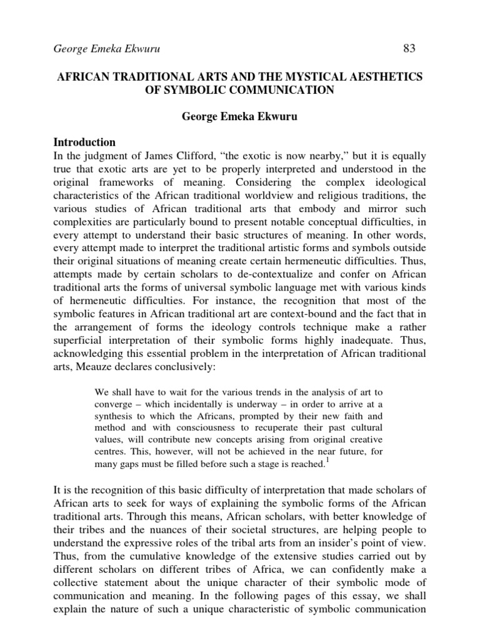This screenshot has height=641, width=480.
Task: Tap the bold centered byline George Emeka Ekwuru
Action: (241, 116)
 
